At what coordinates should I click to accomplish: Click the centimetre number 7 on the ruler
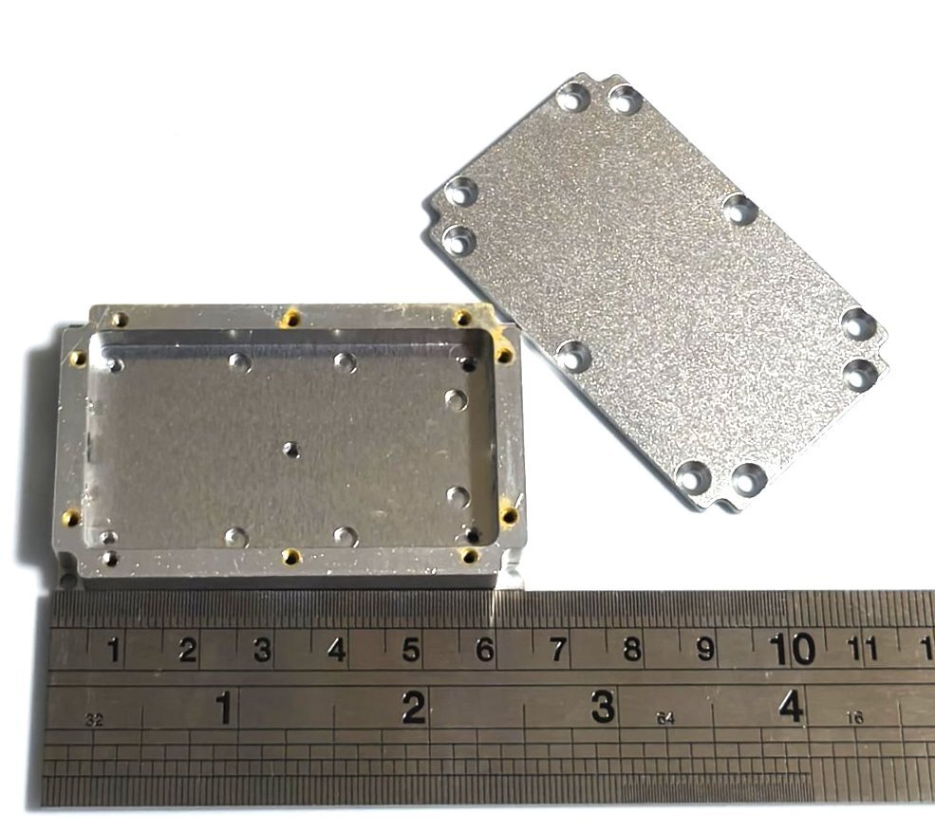point(557,649)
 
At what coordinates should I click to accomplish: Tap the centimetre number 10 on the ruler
point(792,649)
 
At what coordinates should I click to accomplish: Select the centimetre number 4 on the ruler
point(337,650)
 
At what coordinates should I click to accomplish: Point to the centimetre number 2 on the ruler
point(188,650)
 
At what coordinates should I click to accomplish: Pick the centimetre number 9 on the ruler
point(705,649)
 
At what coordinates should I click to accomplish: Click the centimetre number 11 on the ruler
point(863,649)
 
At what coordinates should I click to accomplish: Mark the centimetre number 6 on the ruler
point(485,650)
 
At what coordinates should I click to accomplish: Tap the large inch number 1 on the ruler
point(224,708)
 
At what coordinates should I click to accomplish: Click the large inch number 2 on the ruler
point(414,707)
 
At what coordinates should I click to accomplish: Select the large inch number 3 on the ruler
point(603,707)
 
